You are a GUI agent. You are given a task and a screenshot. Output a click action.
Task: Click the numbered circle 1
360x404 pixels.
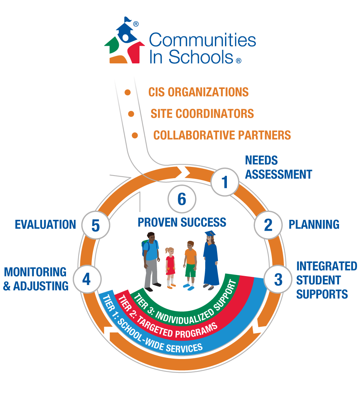coord(225,182)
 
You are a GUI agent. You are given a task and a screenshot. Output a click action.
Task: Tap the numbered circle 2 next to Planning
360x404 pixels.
coord(268,225)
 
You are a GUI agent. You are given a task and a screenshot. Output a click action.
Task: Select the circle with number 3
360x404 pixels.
coord(278,280)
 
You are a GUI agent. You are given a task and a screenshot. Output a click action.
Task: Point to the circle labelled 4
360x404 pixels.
coord(87,279)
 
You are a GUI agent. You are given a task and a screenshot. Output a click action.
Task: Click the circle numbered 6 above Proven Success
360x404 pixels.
coord(182,199)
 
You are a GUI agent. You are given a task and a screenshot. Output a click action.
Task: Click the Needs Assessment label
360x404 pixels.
coord(278,168)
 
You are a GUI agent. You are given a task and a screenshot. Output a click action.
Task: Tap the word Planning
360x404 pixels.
coord(313,225)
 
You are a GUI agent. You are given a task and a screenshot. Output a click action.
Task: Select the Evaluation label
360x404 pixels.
coord(45,225)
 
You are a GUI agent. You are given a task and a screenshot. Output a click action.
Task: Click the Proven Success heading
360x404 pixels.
coord(182,222)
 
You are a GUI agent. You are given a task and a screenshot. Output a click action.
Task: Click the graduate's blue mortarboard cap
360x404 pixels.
coord(210,234)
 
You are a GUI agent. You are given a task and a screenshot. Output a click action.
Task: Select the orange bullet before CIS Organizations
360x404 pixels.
coord(127,92)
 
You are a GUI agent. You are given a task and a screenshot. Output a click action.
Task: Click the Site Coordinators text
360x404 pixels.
coord(202,114)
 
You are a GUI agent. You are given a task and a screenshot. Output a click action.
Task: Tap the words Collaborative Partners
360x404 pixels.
coord(222,135)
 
